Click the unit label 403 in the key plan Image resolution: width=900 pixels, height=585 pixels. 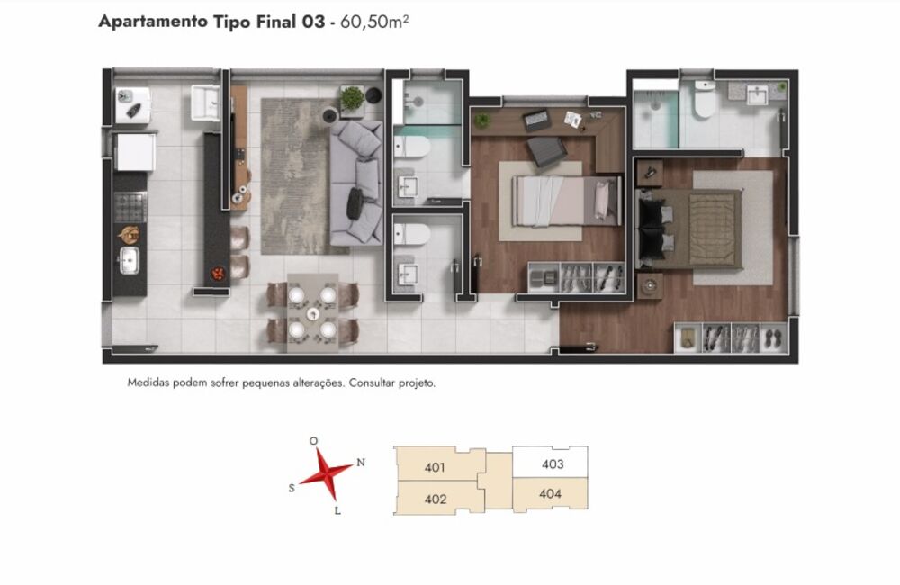tap(553, 463)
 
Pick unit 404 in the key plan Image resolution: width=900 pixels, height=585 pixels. tap(550, 494)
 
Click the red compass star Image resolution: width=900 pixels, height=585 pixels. tap(326, 474)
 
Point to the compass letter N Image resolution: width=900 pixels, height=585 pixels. tap(361, 462)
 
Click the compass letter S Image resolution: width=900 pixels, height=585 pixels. tap(292, 489)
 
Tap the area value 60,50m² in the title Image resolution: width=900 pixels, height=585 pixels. tap(374, 22)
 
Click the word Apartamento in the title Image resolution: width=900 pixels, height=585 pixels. tap(153, 22)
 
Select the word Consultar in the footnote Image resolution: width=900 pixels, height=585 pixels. tap(372, 382)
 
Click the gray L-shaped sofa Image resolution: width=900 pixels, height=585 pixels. tap(356, 183)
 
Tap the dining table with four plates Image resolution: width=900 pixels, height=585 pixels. tap(313, 313)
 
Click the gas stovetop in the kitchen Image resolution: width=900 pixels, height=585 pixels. tap(130, 207)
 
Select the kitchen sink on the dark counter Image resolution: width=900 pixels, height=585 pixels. tap(129, 260)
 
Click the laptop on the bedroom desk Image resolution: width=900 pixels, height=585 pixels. tap(537, 120)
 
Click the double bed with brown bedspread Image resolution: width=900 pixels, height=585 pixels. tap(689, 229)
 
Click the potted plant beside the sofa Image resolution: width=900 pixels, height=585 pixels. tap(352, 99)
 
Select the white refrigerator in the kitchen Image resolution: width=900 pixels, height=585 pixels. tap(135, 151)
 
